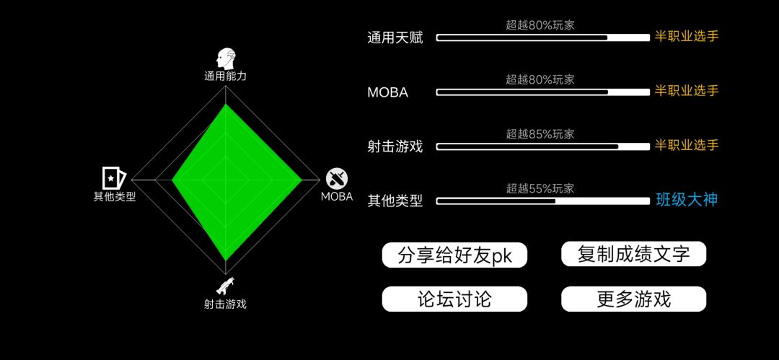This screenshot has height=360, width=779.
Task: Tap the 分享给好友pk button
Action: [454, 255]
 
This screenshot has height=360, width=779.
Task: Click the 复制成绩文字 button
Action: [633, 254]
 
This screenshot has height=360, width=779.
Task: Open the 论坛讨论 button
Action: [454, 299]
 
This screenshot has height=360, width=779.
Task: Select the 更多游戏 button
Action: [633, 299]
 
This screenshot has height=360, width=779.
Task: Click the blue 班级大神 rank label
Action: [687, 200]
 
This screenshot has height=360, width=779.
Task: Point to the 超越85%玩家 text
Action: [540, 133]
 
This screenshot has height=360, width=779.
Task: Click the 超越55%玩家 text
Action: [540, 188]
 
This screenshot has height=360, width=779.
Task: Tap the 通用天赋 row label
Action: [395, 38]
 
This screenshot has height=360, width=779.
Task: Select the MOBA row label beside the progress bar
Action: [388, 92]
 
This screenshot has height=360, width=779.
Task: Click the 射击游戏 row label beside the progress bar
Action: [395, 147]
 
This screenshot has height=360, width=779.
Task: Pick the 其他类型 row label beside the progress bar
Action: [395, 201]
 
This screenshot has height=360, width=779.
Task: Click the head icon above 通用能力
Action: [225, 58]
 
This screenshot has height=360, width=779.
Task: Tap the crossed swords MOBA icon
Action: [337, 179]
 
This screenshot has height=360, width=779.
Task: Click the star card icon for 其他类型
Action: [114, 177]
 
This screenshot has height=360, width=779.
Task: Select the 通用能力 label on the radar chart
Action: [225, 76]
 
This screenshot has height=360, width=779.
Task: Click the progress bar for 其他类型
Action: [543, 201]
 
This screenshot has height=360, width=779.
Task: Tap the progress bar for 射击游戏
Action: [543, 146]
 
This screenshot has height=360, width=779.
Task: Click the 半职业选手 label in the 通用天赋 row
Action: [687, 36]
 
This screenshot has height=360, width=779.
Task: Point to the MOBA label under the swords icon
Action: [337, 196]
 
